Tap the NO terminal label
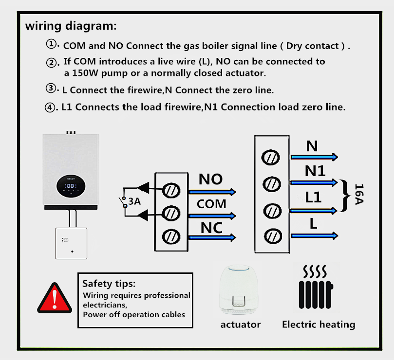coord(210,179)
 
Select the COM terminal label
coord(211,203)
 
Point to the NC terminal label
coord(211,228)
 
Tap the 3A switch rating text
coord(134,201)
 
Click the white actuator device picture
coord(240,291)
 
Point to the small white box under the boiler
coord(71,243)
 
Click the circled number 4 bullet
coord(51,107)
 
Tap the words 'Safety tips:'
coord(109,283)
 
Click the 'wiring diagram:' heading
coord(71,25)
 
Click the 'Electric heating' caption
coord(319,324)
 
